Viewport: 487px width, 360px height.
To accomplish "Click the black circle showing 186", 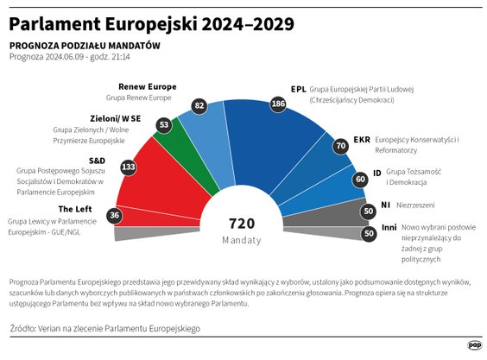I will tap(278, 104).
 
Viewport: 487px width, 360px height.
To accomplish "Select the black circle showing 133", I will tap(129, 167).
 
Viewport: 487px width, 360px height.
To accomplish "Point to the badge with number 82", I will tap(199, 104).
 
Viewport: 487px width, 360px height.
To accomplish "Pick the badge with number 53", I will tap(164, 125).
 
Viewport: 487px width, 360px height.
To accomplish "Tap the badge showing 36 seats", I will tap(115, 215).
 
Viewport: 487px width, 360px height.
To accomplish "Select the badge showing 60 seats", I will tap(359, 179).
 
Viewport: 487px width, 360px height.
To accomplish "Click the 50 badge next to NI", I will tap(369, 211).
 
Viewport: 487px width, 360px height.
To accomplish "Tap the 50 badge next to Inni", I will tap(369, 233).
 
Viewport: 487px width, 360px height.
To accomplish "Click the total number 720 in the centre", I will tap(241, 223).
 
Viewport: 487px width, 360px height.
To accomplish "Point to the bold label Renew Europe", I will tap(147, 86).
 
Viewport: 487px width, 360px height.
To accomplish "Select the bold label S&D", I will tap(96, 161).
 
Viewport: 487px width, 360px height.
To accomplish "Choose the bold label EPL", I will tap(298, 88).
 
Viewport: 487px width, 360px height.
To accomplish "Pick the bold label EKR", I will tap(362, 139).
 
